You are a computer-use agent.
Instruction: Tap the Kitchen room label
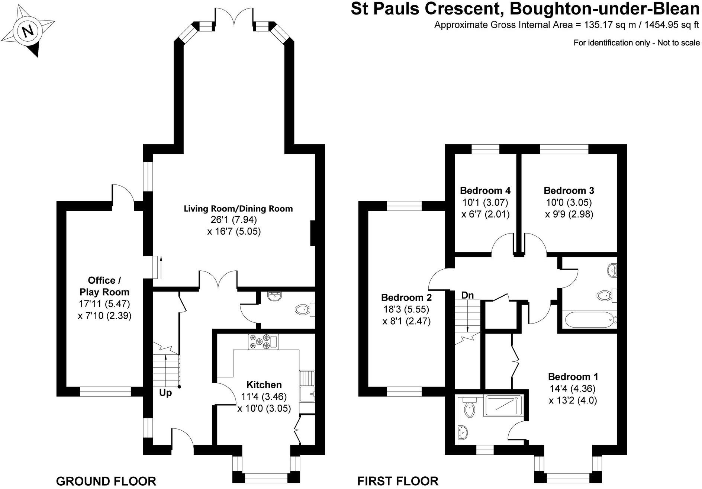264,385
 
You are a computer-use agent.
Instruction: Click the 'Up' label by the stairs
165,393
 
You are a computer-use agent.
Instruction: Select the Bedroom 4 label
485,191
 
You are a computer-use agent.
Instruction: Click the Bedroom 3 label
569,191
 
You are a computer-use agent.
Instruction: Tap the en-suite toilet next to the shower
469,409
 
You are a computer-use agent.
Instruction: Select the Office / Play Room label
104,286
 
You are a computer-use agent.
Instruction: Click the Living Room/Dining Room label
238,209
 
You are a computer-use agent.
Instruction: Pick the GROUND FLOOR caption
106,481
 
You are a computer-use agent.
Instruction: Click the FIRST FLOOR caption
398,481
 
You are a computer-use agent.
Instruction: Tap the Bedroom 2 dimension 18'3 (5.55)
406,309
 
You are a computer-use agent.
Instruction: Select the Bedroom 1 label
573,377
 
